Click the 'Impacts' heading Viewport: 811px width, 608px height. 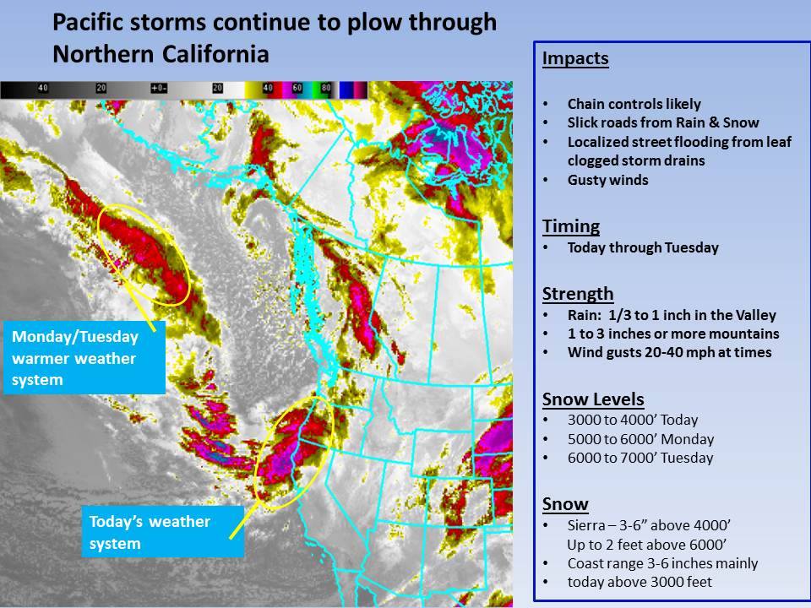[x=575, y=59]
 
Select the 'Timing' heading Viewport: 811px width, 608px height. [x=571, y=226]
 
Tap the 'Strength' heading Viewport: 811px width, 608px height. [x=578, y=294]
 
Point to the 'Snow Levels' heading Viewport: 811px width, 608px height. [x=593, y=399]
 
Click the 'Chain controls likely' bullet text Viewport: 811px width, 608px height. [x=634, y=104]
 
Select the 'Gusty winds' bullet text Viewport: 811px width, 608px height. [x=607, y=180]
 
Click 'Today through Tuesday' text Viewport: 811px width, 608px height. [x=643, y=247]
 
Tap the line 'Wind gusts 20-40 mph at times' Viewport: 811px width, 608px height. [x=669, y=352]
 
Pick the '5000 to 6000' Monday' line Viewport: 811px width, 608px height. [x=640, y=439]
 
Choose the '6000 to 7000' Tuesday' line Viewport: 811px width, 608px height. [x=640, y=458]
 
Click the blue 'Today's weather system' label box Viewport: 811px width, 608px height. [x=163, y=532]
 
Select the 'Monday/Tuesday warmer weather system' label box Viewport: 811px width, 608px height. [x=84, y=358]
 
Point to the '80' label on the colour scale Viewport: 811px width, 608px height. [x=326, y=89]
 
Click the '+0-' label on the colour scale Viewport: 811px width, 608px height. [x=159, y=89]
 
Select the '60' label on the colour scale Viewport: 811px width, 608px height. [x=297, y=89]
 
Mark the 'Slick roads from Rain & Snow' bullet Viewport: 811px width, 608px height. [x=663, y=122]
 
